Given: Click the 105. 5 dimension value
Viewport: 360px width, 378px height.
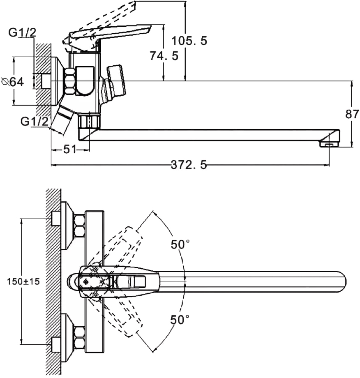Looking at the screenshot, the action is pos(189,41).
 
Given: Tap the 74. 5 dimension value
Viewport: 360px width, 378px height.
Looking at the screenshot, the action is pos(164,56).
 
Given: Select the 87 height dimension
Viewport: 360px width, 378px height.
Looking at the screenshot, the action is pos(352,114).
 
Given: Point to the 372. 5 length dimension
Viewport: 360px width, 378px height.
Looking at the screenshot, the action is pos(189,165).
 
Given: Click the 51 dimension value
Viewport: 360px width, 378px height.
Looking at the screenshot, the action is pos(70,150).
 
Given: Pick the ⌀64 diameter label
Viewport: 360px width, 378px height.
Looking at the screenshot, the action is pos(13,82).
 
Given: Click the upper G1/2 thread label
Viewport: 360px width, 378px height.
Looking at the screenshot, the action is pos(22,32).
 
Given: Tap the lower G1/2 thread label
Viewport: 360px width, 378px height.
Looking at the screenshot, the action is pos(35,121).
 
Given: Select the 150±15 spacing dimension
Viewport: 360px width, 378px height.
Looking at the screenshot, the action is pos(23,281).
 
